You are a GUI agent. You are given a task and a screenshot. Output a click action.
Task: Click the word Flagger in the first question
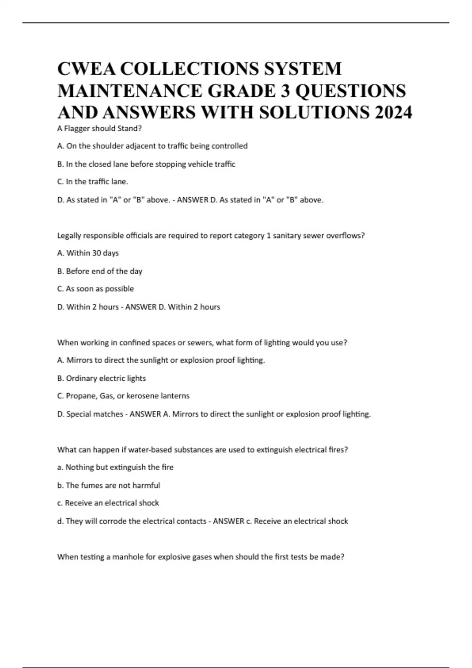pos(77,128)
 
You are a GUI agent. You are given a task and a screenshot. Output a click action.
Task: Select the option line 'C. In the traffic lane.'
pos(93,182)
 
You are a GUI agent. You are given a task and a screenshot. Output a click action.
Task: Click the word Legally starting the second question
pos(69,236)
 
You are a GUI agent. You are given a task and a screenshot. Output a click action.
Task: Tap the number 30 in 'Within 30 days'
pos(96,253)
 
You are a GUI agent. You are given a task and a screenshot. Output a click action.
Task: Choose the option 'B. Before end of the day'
pos(100,271)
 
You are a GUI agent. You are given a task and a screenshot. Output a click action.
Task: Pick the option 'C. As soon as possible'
pos(96,289)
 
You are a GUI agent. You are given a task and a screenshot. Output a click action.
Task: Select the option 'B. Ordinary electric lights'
pos(101,378)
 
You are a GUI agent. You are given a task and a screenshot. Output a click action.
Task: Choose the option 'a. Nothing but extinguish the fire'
pos(115,467)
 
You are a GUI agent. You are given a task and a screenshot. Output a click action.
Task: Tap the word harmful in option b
pos(146,485)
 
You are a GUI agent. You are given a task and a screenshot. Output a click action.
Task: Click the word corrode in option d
pos(113,521)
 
